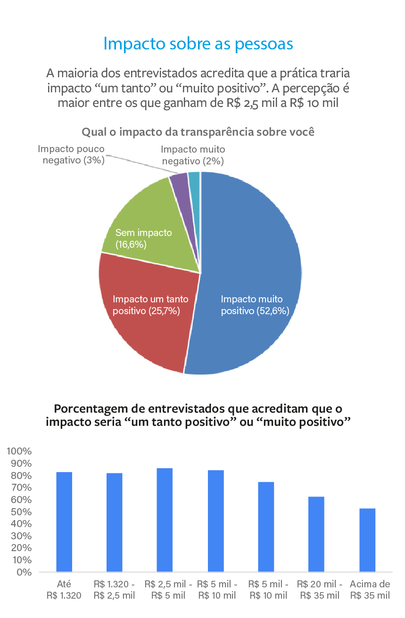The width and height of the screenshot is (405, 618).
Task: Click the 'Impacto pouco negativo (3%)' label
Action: pos(71,154)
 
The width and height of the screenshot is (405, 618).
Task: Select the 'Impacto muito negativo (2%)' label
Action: pos(192,155)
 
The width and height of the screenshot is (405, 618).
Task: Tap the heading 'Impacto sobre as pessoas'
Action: pos(198,44)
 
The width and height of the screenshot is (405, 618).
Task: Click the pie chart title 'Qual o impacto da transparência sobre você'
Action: pos(198,132)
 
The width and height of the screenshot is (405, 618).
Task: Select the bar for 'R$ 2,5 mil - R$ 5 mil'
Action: pos(165,520)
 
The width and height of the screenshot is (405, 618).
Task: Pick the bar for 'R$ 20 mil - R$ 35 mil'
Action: pos(316,534)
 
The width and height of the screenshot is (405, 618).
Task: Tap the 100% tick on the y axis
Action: pos(19,451)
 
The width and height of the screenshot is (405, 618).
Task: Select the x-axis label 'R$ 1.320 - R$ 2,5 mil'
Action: pos(115,590)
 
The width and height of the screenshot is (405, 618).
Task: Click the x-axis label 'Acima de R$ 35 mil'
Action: pos(370,590)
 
